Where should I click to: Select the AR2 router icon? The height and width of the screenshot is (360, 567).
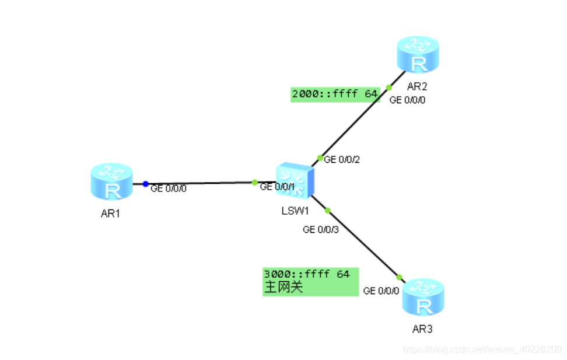pyautogui.click(x=417, y=55)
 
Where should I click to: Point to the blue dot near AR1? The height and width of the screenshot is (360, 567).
pyautogui.click(x=145, y=184)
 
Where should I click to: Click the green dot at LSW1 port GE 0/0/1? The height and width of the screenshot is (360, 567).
pyautogui.click(x=255, y=183)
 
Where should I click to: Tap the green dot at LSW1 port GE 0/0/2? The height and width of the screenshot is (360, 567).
pyautogui.click(x=320, y=158)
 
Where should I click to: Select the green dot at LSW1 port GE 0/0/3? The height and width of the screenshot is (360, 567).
pyautogui.click(x=328, y=210)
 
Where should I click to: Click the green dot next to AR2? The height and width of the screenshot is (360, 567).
pyautogui.click(x=389, y=88)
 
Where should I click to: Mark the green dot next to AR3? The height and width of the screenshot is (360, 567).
pyautogui.click(x=400, y=277)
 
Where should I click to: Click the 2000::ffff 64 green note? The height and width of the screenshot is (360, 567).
pyautogui.click(x=335, y=93)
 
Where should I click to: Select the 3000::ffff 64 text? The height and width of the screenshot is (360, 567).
pyautogui.click(x=307, y=274)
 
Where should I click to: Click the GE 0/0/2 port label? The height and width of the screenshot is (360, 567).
pyautogui.click(x=342, y=159)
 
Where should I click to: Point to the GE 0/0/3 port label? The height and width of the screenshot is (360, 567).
pyautogui.click(x=321, y=229)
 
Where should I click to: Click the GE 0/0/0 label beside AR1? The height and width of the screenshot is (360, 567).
pyautogui.click(x=169, y=188)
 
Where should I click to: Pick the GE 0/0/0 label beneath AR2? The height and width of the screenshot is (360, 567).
pyautogui.click(x=407, y=100)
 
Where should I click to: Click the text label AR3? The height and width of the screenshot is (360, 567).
pyautogui.click(x=422, y=329)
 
